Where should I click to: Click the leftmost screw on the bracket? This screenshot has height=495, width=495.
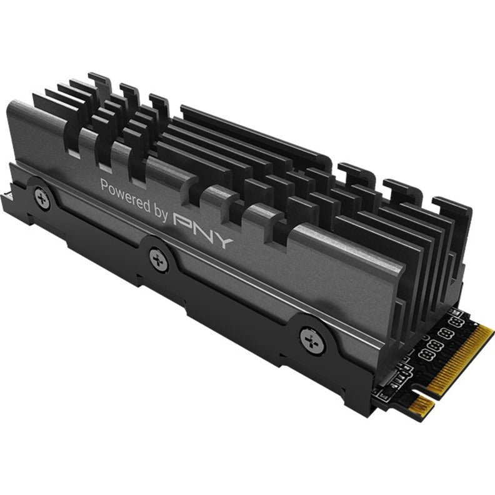[43, 196]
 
